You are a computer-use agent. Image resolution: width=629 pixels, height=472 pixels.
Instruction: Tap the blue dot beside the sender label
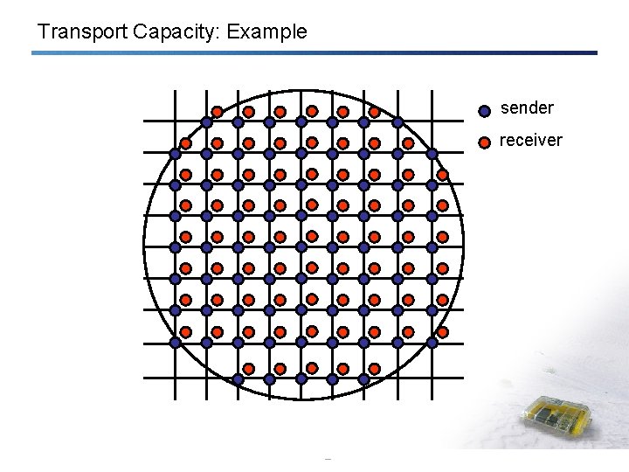[x=485, y=111]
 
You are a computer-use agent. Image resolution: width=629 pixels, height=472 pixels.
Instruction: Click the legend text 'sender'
[x=527, y=108]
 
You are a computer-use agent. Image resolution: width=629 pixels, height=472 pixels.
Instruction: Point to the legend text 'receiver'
[x=530, y=140]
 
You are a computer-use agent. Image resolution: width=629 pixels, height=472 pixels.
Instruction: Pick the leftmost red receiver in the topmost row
[x=217, y=112]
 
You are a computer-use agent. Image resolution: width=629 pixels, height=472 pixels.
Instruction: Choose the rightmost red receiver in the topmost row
[x=374, y=112]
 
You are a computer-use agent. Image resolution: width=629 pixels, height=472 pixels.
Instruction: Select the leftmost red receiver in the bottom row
[x=248, y=369]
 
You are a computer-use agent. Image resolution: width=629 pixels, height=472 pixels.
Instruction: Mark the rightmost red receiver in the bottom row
[x=374, y=369]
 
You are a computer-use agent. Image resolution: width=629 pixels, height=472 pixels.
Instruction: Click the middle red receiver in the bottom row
[x=311, y=369]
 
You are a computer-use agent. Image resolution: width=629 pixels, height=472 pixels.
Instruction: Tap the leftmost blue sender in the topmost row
[x=206, y=122]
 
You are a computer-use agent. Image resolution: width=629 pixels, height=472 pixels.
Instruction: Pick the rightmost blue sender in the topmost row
[x=397, y=122]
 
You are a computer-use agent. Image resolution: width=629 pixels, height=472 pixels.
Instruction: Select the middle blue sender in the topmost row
[x=301, y=122]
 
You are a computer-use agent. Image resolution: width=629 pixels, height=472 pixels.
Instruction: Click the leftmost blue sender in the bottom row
[x=238, y=379]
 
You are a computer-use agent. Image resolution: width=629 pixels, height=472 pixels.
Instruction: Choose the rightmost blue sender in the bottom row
[x=365, y=379]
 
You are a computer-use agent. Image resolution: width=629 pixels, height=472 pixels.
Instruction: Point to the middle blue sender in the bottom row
[x=301, y=379]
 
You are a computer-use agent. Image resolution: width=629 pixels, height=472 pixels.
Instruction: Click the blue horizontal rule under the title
[x=314, y=53]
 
